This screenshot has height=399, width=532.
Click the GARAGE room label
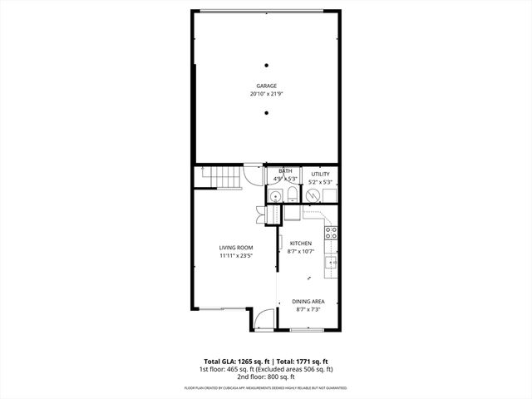[x=266, y=86]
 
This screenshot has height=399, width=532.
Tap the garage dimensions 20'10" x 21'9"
[x=266, y=94]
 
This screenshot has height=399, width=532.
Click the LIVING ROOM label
[x=236, y=248]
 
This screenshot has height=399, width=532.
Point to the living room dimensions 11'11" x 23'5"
[x=236, y=256]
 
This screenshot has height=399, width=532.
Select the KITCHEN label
[x=300, y=243]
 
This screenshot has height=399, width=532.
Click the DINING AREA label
[x=308, y=301]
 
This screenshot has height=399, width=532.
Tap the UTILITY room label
[x=320, y=174]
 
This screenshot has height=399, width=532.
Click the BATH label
[x=285, y=171]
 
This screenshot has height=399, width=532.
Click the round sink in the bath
[x=275, y=195]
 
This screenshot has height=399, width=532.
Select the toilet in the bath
[x=293, y=195]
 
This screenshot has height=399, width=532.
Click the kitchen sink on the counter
[x=331, y=264]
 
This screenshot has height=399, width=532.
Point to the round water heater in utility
[x=313, y=195]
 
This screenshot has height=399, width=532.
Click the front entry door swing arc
[x=260, y=317]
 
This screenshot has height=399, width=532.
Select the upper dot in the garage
[x=267, y=66]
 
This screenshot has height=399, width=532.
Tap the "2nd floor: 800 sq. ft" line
[x=266, y=376]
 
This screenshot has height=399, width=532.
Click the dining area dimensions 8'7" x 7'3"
[x=308, y=309]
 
